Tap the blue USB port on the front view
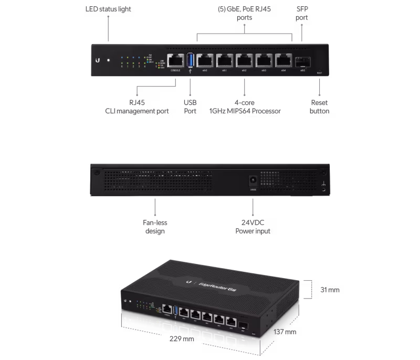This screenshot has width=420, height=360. click(190, 61)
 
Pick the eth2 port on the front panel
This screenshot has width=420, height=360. click(245, 61)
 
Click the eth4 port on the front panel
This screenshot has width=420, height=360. click(283, 61)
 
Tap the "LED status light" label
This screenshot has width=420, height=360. click(109, 9)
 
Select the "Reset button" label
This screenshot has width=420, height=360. click(319, 107)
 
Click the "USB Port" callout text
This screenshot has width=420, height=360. click(190, 107)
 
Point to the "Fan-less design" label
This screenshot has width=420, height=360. click(155, 227)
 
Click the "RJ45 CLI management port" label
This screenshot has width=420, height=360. click(136, 107)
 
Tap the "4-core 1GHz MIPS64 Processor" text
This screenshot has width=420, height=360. click(245, 107)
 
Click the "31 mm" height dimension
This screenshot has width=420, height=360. click(330, 290)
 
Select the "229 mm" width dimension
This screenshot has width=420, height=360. click(182, 338)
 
